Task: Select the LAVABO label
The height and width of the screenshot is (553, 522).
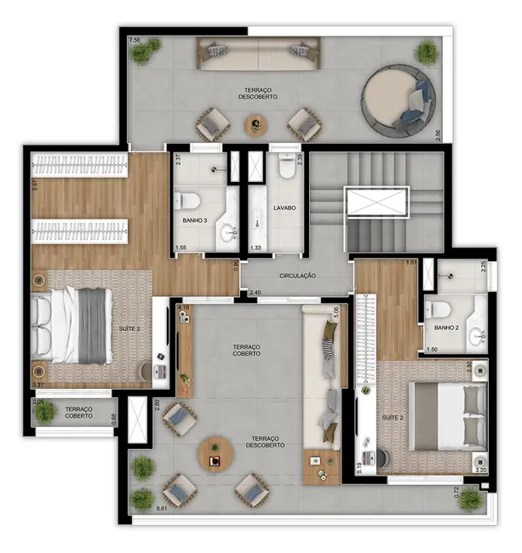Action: pyautogui.click(x=284, y=207)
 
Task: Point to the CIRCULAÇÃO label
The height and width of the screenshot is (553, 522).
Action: pyautogui.click(x=298, y=276)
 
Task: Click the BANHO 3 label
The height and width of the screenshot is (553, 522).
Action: pyautogui.click(x=196, y=219)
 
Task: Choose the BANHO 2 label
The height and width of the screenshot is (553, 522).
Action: pyautogui.click(x=445, y=327)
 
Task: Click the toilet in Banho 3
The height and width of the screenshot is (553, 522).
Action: pyautogui.click(x=187, y=201)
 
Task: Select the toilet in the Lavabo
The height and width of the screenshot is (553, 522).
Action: pyautogui.click(x=286, y=168)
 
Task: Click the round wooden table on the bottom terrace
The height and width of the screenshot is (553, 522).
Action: pyautogui.click(x=215, y=453)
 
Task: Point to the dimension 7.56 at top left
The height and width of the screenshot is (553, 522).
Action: pyautogui.click(x=135, y=40)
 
